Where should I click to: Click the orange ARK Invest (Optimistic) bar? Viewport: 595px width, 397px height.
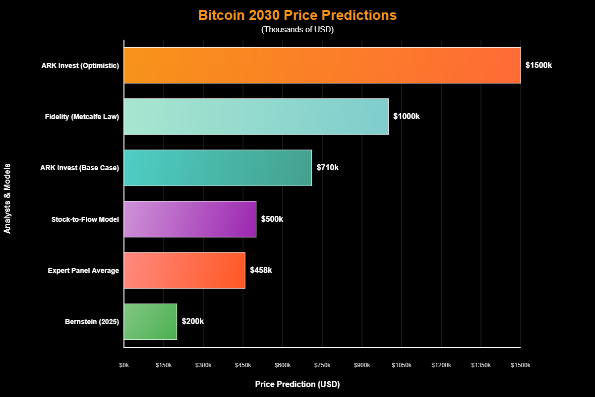pyautogui.click(x=322, y=65)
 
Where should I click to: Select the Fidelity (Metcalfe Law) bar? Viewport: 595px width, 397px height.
pyautogui.click(x=256, y=117)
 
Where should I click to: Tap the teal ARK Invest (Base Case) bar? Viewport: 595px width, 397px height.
pyautogui.click(x=218, y=168)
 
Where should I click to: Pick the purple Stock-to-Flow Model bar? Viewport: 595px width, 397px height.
pyautogui.click(x=190, y=219)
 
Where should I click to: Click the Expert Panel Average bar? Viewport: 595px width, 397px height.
pyautogui.click(x=184, y=270)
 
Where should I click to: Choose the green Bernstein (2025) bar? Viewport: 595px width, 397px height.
pyautogui.click(x=150, y=322)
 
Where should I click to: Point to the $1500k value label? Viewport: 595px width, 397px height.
pyautogui.click(x=538, y=65)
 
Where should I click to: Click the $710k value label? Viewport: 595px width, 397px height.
pyautogui.click(x=328, y=168)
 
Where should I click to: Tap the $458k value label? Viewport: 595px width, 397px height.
pyautogui.click(x=261, y=270)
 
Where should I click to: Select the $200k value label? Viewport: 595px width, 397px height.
pyautogui.click(x=193, y=322)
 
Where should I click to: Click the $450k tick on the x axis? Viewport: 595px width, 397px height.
pyautogui.click(x=243, y=365)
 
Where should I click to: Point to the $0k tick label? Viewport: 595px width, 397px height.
pyautogui.click(x=124, y=365)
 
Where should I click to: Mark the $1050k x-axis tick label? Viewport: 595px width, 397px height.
pyautogui.click(x=402, y=365)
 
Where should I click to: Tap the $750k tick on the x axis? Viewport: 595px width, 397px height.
pyautogui.click(x=322, y=365)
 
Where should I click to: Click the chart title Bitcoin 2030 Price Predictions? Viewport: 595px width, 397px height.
pyautogui.click(x=297, y=15)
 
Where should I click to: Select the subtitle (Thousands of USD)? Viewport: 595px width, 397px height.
pyautogui.click(x=297, y=30)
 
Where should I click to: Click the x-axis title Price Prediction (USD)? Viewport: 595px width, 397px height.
pyautogui.click(x=297, y=385)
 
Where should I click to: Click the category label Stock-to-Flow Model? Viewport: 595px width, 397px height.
pyautogui.click(x=85, y=219)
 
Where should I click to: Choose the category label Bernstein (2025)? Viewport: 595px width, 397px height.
pyautogui.click(x=92, y=322)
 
